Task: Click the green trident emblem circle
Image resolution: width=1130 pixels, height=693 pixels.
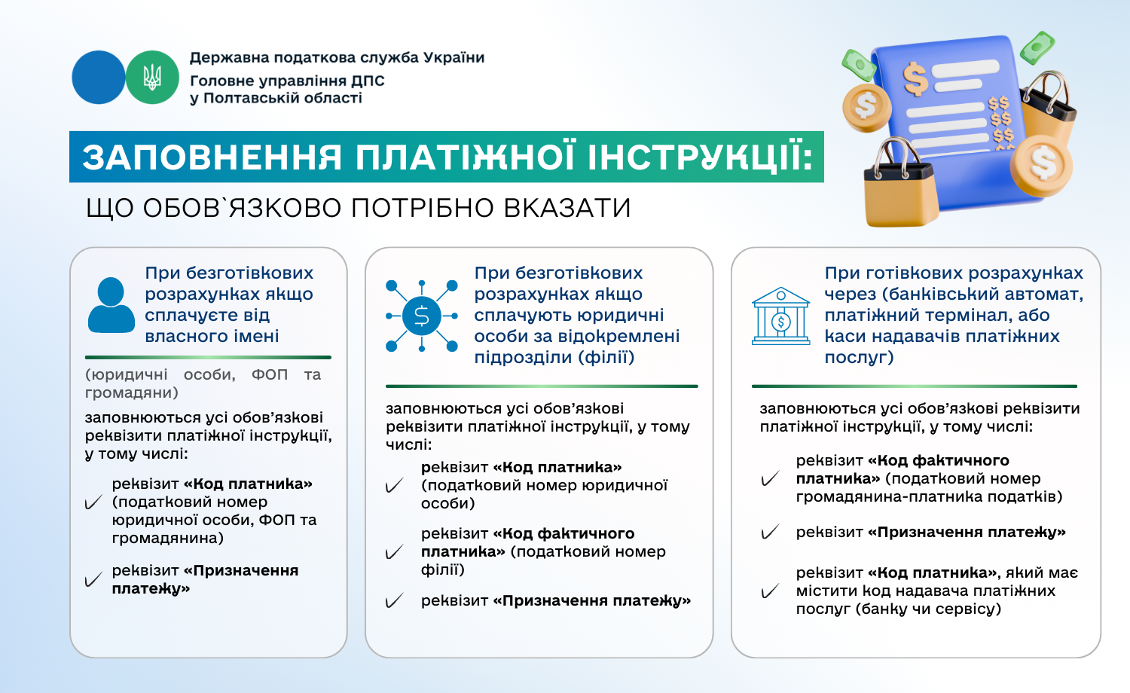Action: point(152,77)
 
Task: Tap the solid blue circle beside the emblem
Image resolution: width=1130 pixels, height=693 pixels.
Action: point(99,77)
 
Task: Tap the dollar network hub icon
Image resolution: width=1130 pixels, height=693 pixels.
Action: point(422,316)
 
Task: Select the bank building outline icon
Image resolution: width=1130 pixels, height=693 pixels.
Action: point(780,316)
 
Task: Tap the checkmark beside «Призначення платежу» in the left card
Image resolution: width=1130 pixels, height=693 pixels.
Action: point(93,580)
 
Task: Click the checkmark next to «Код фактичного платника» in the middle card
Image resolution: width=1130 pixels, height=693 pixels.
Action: point(394,552)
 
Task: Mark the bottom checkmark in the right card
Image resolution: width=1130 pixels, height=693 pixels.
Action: point(770,591)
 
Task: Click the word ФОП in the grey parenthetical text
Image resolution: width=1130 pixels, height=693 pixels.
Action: point(270,374)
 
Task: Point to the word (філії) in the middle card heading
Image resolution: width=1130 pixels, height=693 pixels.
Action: point(606,357)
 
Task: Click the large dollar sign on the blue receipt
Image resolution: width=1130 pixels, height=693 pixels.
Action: point(915,78)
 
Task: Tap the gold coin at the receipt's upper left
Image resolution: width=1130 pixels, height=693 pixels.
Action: point(866,108)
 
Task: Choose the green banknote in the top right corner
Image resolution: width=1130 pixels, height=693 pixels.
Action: point(1037,47)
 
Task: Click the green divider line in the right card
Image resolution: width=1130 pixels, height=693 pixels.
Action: point(914,386)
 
